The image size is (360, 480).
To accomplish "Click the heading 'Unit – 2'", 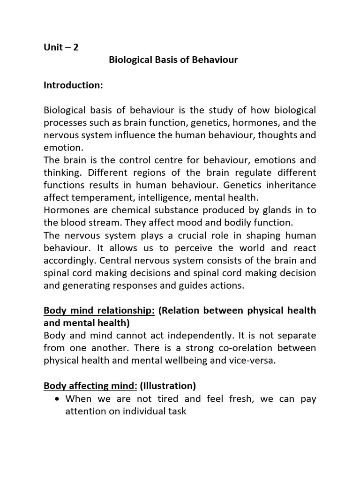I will pos(61,47).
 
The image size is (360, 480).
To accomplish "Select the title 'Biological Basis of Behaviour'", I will pos(173,60).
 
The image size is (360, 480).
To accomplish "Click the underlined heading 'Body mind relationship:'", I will pos(99,311).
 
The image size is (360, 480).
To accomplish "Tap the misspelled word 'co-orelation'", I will pos(247,349).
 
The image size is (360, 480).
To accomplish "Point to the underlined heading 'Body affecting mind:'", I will pos(90,386).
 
